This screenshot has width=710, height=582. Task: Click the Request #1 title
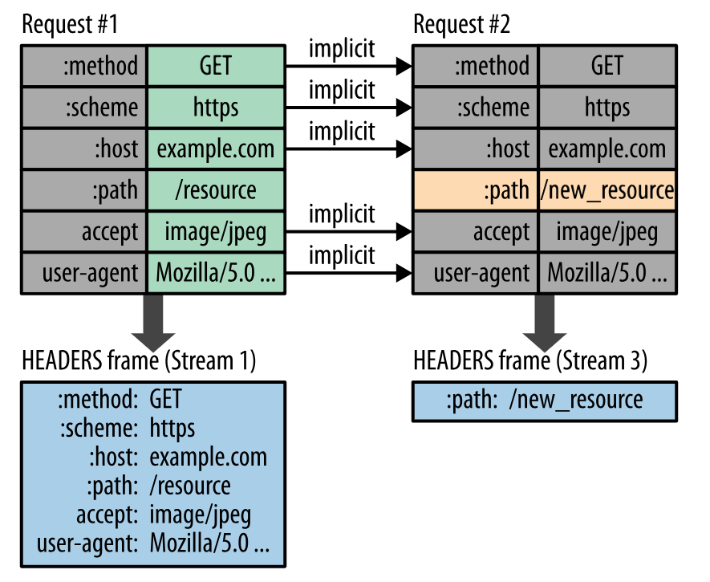point(70,24)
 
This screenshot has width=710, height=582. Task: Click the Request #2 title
point(461,24)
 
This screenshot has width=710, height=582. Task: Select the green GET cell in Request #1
point(216,66)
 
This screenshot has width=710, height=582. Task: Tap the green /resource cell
point(216,190)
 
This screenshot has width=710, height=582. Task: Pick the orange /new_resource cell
point(607,190)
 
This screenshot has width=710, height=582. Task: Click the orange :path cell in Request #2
point(476,190)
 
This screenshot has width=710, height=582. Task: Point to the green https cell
point(216,108)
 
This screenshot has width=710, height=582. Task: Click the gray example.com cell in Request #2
point(607,149)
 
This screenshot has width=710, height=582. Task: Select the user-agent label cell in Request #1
point(83,273)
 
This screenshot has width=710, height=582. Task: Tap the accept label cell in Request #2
point(476,232)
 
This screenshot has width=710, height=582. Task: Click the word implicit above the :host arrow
point(342,132)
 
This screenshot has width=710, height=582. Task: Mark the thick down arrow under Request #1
point(153,322)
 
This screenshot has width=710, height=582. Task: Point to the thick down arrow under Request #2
point(545,322)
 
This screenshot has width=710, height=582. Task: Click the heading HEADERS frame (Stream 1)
point(139,361)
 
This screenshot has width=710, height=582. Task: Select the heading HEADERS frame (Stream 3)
point(530,361)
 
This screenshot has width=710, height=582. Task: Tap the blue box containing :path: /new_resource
point(545,401)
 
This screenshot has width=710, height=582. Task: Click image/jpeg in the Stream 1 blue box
point(200,515)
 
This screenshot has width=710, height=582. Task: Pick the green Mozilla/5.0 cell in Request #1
point(216,273)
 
